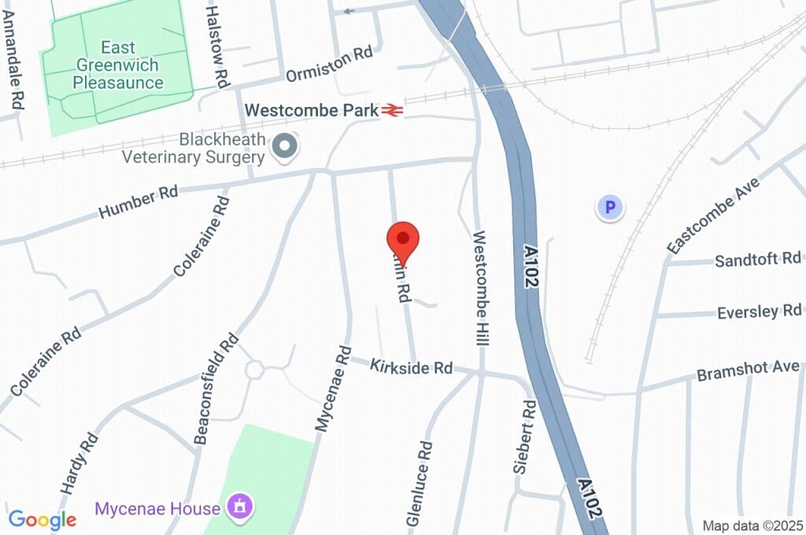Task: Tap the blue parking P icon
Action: pos(609,208)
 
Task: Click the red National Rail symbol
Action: pos(393,110)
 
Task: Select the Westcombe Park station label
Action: pos(312,109)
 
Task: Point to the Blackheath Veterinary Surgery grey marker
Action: pos(284,146)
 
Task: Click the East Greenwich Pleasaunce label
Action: pos(117,65)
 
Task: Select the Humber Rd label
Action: pos(139,201)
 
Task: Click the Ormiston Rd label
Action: pos(328,64)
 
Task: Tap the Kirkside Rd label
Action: pos(412,367)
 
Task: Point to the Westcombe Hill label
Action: pos(481,290)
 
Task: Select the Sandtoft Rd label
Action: pos(757,260)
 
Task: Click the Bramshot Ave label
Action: pos(748,370)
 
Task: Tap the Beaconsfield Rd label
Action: pos(216,388)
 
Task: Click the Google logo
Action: pos(43,519)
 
